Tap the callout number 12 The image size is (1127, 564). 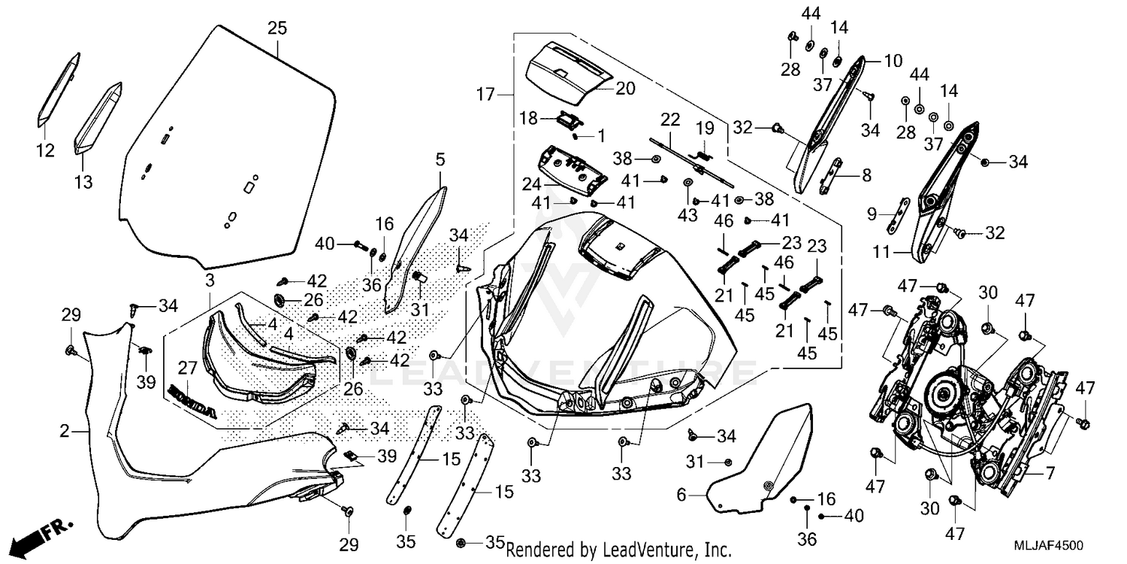[45, 150]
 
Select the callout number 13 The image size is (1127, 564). [83, 181]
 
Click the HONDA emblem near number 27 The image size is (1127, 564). [192, 402]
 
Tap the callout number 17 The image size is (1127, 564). [486, 94]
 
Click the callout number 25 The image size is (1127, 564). [276, 28]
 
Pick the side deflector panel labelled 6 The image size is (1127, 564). [760, 458]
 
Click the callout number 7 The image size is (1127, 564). [1050, 473]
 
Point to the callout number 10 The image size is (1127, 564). [893, 61]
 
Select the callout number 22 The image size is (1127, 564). [669, 120]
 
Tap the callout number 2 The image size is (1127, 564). [65, 431]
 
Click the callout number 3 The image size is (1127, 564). [210, 280]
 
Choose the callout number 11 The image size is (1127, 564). [881, 251]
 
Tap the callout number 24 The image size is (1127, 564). [531, 185]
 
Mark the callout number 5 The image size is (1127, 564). [440, 159]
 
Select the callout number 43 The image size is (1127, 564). [687, 215]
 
